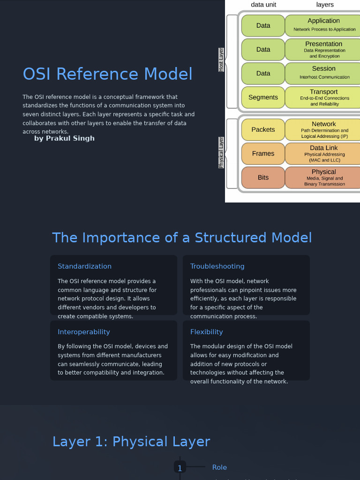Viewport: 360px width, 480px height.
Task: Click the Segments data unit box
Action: (263, 97)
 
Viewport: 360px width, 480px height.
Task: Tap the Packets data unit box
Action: (263, 130)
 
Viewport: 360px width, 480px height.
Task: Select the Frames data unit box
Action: (263, 154)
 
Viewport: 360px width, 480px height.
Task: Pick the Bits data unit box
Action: (263, 178)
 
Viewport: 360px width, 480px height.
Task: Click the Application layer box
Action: (323, 25)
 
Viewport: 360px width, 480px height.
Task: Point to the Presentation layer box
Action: (323, 49)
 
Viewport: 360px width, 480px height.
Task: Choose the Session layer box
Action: (323, 73)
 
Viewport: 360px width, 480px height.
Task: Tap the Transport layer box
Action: (323, 97)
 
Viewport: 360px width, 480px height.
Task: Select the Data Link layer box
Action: (323, 154)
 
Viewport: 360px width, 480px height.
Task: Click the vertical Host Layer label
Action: (221, 60)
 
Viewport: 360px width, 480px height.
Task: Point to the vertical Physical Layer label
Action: (221, 152)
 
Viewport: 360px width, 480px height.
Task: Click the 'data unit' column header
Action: (263, 5)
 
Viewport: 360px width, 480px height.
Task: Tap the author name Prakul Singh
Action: (64, 138)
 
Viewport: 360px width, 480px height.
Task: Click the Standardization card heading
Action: (84, 266)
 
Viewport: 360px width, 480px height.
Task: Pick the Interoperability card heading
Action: (83, 332)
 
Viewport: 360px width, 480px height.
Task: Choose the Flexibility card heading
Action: (206, 332)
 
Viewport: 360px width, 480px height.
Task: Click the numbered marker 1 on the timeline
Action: (180, 468)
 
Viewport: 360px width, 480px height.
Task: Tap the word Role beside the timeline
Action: (219, 467)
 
